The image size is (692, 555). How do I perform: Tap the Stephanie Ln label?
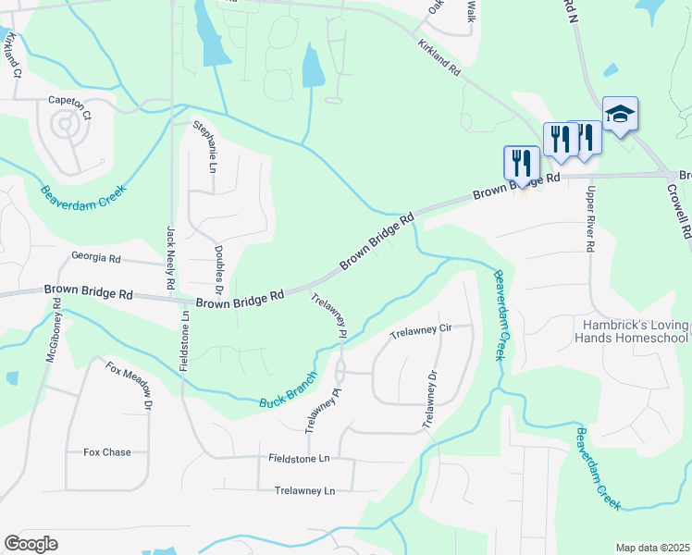tap(204, 147)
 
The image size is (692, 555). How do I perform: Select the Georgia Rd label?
tap(96, 257)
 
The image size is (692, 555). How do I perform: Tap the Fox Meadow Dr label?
tap(130, 386)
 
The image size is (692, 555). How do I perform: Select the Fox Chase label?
tap(107, 452)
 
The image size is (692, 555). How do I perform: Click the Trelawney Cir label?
tap(419, 330)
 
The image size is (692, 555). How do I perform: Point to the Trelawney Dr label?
tap(428, 399)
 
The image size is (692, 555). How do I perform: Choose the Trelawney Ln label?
tap(304, 491)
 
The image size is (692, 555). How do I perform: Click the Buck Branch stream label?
tap(288, 392)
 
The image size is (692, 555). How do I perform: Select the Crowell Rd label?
tap(678, 210)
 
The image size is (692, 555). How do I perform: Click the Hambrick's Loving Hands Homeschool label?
tap(636, 331)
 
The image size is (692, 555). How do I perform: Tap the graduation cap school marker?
tap(620, 115)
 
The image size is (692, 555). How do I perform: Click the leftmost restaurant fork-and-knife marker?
tap(521, 163)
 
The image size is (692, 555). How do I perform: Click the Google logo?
tap(31, 544)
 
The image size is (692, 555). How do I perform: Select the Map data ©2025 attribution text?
tap(651, 548)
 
